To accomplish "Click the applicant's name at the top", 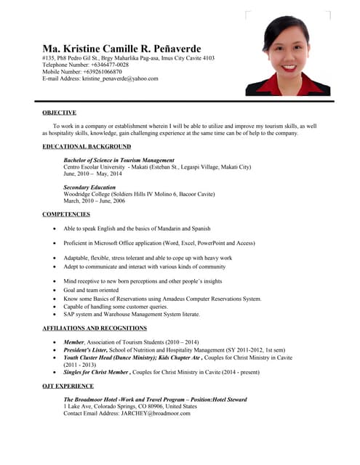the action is [x=121, y=48].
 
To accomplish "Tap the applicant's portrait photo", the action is [x=288, y=55].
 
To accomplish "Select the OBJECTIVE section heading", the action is [x=59, y=113].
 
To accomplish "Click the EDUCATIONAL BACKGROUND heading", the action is [x=87, y=147].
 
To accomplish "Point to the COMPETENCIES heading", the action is [x=66, y=214].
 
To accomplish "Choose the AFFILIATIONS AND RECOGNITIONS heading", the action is [x=95, y=328].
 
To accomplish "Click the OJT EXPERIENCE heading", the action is [x=68, y=386].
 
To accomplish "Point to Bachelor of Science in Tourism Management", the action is [x=119, y=160].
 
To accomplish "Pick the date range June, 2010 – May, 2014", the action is [x=92, y=174].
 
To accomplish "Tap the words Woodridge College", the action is [x=88, y=195].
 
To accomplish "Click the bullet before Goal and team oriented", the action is [x=55, y=289].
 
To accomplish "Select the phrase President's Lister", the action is [x=87, y=349].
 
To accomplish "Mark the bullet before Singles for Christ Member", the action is [x=55, y=371].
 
